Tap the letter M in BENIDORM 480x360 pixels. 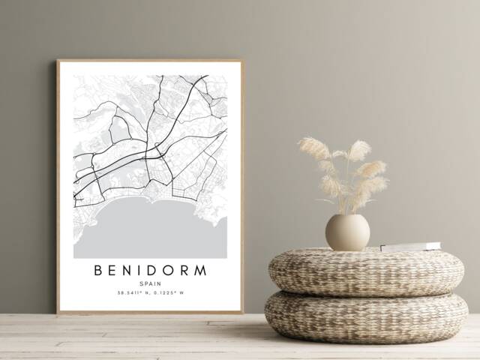click(x=200, y=270)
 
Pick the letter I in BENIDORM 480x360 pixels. click(x=136, y=270)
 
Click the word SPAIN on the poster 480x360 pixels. click(x=150, y=283)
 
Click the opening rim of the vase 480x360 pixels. click(x=347, y=216)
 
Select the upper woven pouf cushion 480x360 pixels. click(x=366, y=271)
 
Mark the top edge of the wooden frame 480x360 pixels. click(x=150, y=61)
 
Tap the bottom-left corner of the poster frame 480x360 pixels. click(x=58, y=311)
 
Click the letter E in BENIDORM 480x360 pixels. click(x=113, y=270)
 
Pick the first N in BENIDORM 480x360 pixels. click(x=126, y=270)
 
